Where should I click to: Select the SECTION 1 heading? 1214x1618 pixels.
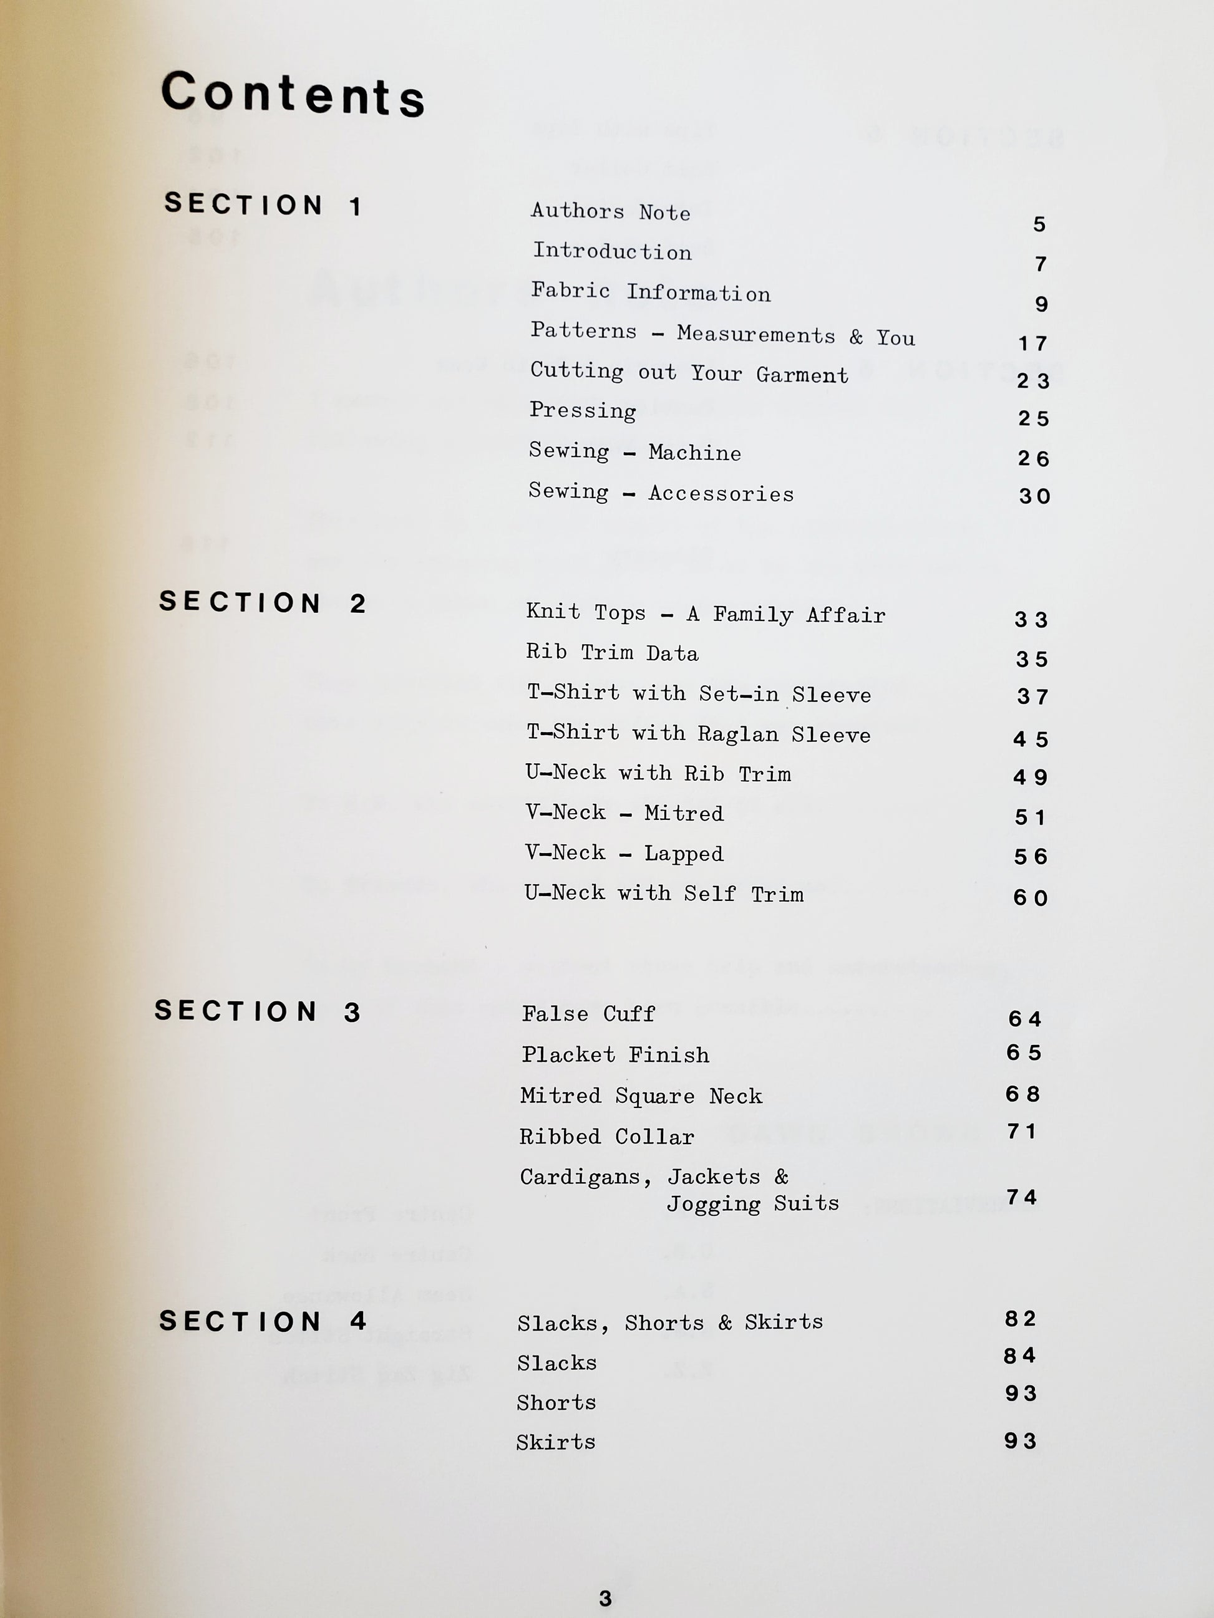263,204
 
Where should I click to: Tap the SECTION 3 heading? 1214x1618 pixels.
258,1011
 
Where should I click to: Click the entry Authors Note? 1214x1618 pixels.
610,211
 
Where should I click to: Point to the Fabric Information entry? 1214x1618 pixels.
651,292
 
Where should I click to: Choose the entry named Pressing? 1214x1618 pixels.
583,410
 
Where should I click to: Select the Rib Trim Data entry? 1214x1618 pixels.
612,652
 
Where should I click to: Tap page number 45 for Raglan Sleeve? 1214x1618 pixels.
1031,739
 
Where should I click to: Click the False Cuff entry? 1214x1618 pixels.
588,1014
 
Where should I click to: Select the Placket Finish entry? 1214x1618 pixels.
614,1055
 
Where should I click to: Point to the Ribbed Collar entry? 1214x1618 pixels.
606,1137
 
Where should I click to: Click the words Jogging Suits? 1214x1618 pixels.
752,1203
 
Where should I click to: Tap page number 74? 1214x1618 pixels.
1022,1197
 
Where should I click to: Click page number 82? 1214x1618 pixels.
1020,1319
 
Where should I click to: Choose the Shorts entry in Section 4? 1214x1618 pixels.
556,1402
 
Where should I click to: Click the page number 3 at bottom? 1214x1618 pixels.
605,1598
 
